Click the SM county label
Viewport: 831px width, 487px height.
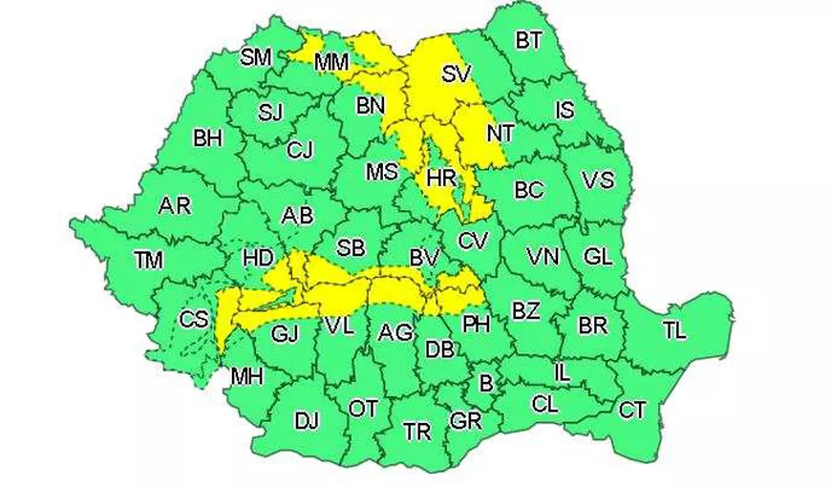coord(256,56)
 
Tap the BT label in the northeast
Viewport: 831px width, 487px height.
coord(528,40)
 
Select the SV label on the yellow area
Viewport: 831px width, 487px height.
coord(458,74)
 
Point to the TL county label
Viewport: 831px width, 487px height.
coord(674,331)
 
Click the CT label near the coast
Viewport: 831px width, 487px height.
coord(632,411)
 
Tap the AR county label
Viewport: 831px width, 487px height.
coord(175,205)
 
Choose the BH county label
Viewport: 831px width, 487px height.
coord(207,138)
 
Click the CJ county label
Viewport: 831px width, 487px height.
coord(300,150)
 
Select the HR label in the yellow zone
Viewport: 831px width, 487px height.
coord(441,178)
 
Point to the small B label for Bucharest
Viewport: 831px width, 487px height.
coord(485,385)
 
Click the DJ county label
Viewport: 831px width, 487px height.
coord(307,420)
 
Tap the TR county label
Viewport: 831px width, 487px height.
coord(417,432)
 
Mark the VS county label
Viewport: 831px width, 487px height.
coord(598,180)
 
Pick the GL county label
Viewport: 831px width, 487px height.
coord(598,256)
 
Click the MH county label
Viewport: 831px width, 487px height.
coord(246,376)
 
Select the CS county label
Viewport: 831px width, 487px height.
coord(194,320)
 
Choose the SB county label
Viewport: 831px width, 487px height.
coord(351,248)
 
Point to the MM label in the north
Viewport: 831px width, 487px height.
coord(331,63)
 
